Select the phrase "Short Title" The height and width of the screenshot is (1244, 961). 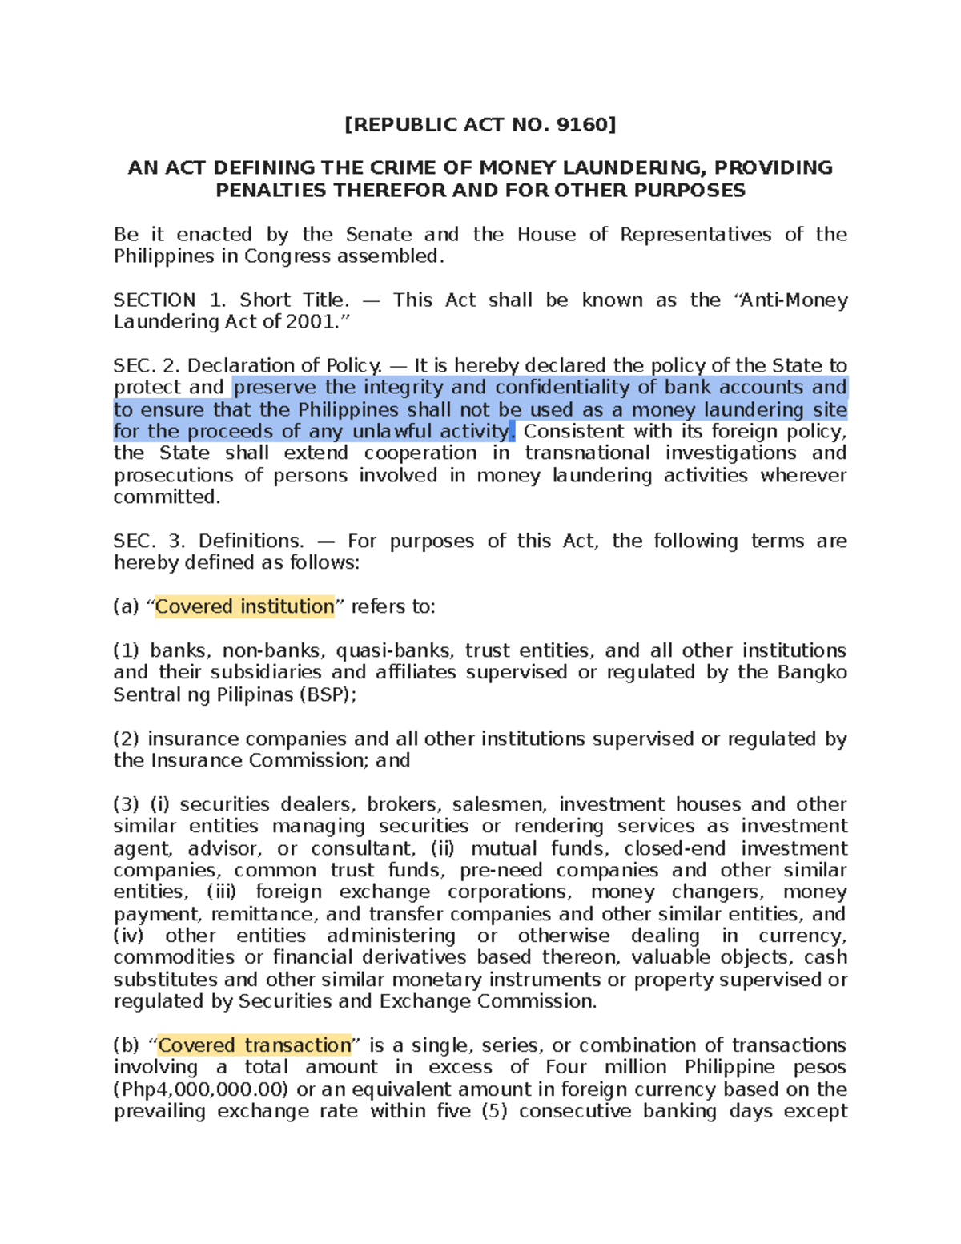click(x=294, y=300)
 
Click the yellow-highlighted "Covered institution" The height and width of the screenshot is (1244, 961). click(x=244, y=607)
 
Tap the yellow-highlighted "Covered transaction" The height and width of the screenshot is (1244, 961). click(x=255, y=1045)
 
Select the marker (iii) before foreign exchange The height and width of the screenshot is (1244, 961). click(x=222, y=892)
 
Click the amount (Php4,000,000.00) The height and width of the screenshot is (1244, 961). click(x=200, y=1089)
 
